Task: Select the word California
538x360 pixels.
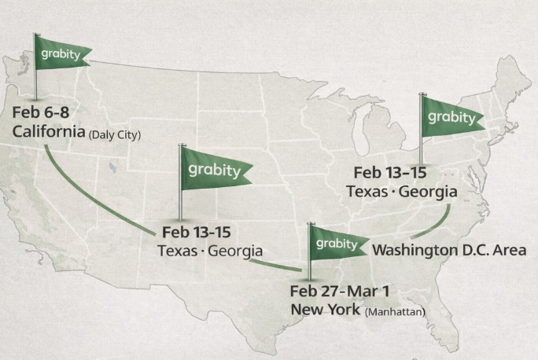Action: coord(49,131)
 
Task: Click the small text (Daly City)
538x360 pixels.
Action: coord(115,134)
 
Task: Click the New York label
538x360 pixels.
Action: coord(326,309)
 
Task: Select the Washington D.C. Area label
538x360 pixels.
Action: coord(450,250)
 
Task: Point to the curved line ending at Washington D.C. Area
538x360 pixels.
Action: coord(433,224)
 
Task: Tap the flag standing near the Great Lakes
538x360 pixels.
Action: coord(449,118)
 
